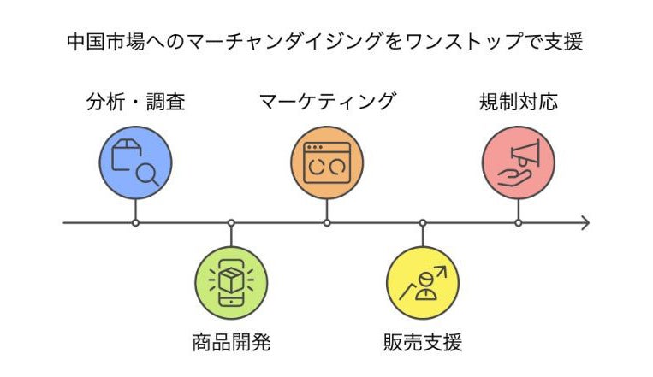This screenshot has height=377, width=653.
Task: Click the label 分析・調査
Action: click(x=136, y=103)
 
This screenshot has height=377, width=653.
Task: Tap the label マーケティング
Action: click(x=327, y=103)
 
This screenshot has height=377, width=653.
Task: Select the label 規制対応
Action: click(x=518, y=103)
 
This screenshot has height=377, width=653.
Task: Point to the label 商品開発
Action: click(x=231, y=344)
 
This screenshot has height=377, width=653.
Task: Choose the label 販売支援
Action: click(x=423, y=344)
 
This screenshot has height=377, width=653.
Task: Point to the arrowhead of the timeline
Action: click(x=585, y=223)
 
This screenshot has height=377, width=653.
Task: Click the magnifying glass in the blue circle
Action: click(x=148, y=174)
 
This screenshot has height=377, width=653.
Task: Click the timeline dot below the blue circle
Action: click(x=136, y=223)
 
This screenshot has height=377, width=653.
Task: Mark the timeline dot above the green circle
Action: click(x=231, y=223)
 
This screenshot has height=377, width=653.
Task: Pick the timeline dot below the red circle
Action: click(x=518, y=223)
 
